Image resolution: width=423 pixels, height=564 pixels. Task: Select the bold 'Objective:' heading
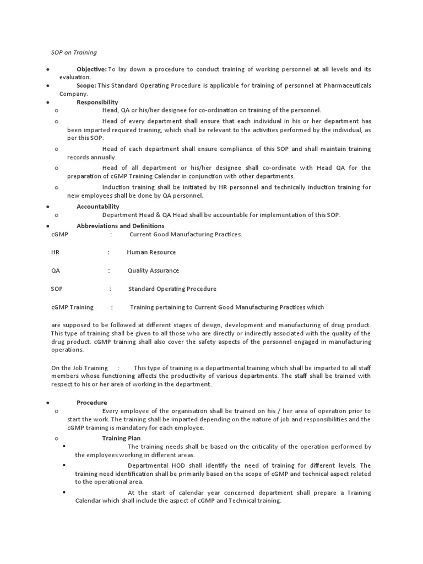tap(91, 69)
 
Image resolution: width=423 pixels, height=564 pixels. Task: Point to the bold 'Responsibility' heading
tap(97, 102)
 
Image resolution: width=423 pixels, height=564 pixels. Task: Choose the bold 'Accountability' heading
tap(97, 207)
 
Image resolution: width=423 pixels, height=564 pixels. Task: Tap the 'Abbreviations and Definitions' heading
tap(120, 226)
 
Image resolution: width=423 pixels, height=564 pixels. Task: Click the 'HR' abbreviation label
tap(55, 252)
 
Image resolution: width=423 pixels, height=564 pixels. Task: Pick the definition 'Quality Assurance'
tap(153, 270)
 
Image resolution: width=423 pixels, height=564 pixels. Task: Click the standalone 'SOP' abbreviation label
tap(57, 289)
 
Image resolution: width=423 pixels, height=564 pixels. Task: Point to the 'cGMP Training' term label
tap(72, 307)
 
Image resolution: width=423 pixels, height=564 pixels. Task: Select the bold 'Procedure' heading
tap(91, 403)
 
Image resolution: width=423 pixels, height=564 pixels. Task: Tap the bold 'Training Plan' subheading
tap(121, 438)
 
